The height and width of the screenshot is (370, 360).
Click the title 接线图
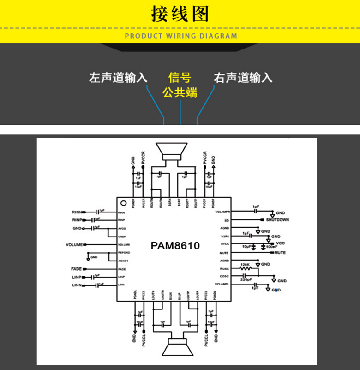(x=180, y=14)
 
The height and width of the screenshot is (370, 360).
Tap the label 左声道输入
(x=118, y=78)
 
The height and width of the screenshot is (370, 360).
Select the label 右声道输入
(x=243, y=78)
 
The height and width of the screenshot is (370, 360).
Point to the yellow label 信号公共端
(x=180, y=85)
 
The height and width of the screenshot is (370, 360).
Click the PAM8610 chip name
(x=175, y=246)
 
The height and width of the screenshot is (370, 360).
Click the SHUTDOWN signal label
(x=277, y=220)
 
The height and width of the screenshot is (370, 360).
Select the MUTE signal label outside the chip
(x=280, y=253)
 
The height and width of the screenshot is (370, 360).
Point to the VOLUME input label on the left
(x=74, y=244)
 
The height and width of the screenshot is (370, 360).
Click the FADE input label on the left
(x=76, y=269)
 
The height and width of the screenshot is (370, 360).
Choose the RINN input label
(x=77, y=212)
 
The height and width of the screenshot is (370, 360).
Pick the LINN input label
(x=77, y=286)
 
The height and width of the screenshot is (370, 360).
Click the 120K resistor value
(x=245, y=264)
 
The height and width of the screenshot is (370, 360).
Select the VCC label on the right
(x=281, y=243)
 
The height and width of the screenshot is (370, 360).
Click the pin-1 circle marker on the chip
(x=123, y=203)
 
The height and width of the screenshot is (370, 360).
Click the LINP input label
(x=77, y=277)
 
